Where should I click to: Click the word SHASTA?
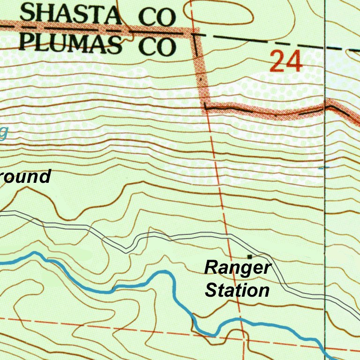click(x=70, y=15)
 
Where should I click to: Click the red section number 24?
click(x=286, y=61)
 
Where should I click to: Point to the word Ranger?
click(x=238, y=268)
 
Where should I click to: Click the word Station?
click(x=238, y=290)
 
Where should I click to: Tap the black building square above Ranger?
click(x=250, y=256)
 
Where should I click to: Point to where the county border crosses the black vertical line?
click(x=324, y=109)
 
